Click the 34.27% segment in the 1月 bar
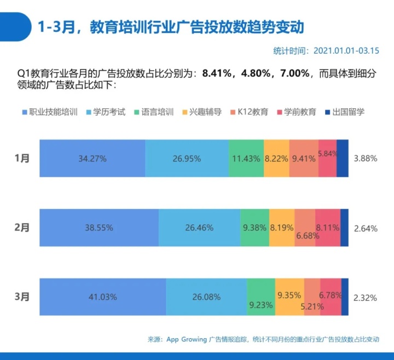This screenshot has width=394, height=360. [92, 159]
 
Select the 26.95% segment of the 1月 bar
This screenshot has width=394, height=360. [187, 159]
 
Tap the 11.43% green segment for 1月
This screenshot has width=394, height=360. [246, 159]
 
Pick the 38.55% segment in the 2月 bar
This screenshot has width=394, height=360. [99, 228]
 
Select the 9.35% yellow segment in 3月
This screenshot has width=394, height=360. [289, 296]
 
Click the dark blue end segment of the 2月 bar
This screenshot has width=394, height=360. [344, 228]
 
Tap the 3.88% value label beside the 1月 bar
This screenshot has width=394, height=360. [366, 159]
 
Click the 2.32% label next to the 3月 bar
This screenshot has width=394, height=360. [366, 297]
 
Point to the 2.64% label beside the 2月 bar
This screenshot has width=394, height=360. [366, 228]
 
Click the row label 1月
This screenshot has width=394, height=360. [22, 158]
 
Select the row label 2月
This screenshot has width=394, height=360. [22, 228]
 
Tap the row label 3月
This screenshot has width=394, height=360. [22, 297]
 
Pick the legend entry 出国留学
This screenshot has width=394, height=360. [348, 112]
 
